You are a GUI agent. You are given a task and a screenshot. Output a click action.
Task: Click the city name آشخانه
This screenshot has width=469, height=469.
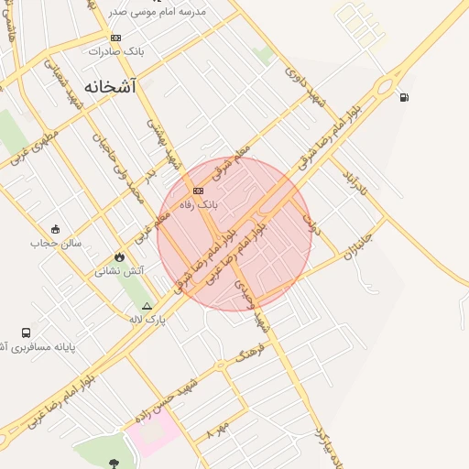[x=110, y=86]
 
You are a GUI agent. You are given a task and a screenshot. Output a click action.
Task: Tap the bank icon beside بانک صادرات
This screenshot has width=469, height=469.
[x=115, y=38]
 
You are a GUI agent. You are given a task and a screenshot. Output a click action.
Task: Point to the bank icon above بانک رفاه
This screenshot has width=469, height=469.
[x=198, y=191]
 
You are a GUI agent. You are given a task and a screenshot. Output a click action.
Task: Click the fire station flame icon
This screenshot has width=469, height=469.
[x=118, y=256]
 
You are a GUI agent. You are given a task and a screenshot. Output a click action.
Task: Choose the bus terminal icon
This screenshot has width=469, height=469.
[x=26, y=333]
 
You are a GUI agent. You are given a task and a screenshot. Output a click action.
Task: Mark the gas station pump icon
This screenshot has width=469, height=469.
[x=404, y=97]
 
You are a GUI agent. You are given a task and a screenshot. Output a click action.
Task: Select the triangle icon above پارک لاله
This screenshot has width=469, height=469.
[x=147, y=306]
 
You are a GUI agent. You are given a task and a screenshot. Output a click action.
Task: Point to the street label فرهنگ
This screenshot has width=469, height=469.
[x=250, y=354]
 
